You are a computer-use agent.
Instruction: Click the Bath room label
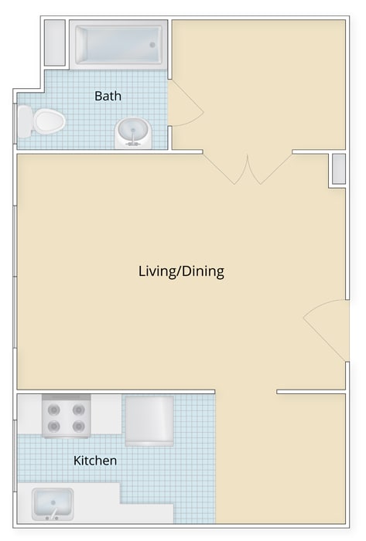click(108, 96)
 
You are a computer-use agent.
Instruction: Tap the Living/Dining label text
click(181, 271)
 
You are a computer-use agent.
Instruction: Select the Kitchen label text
click(95, 461)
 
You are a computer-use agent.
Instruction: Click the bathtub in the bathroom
click(119, 45)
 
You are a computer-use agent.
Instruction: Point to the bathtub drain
click(152, 45)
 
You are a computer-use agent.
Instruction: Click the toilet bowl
click(50, 121)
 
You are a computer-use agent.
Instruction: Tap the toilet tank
click(24, 121)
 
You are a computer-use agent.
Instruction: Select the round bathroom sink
click(133, 133)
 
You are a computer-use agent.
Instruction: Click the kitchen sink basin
click(53, 504)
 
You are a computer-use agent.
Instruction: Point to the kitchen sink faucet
click(53, 514)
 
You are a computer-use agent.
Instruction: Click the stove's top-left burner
click(54, 410)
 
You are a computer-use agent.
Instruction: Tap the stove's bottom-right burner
click(79, 427)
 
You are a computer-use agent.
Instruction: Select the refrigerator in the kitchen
click(149, 421)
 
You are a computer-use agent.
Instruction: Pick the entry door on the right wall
click(327, 330)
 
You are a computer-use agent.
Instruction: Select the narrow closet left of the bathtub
click(55, 43)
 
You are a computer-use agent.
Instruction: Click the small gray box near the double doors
click(339, 168)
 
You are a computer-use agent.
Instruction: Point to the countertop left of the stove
click(29, 414)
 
